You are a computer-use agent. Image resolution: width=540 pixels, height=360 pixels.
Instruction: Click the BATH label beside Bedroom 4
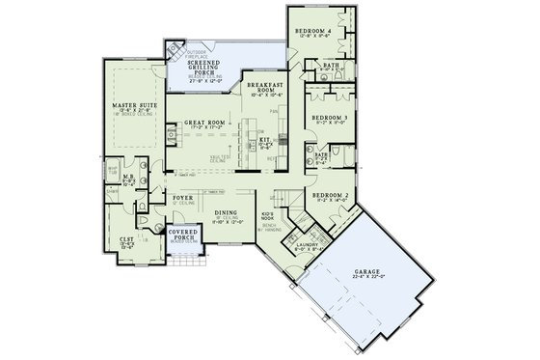tap(332, 65)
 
